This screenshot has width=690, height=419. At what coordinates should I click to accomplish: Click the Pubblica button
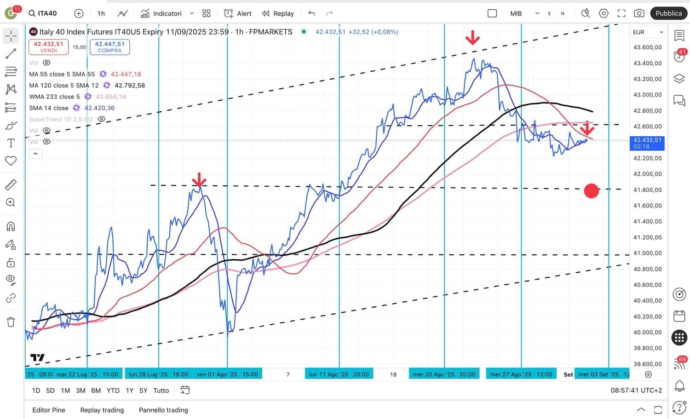coord(668,13)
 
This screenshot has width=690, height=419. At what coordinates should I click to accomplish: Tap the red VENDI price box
coord(48,47)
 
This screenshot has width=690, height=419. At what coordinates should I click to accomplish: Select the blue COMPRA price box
coord(109,47)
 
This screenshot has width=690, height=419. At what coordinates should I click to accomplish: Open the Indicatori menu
coord(167,13)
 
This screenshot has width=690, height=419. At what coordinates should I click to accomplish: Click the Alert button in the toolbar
coord(238,13)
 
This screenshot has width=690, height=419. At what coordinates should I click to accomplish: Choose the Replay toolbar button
coord(278,13)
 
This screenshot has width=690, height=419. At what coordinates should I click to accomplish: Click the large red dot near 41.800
coord(591,190)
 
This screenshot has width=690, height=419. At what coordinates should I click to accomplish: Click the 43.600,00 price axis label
coord(647,47)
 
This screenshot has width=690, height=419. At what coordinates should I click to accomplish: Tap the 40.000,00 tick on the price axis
coord(647,333)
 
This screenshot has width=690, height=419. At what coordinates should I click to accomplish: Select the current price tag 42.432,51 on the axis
coord(647,143)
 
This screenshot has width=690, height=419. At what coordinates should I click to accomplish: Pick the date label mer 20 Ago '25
coord(444,374)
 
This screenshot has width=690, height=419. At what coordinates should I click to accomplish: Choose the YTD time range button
coord(113,390)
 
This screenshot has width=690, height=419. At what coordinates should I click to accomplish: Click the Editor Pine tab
coord(49,410)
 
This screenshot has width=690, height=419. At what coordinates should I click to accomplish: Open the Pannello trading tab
coord(163,410)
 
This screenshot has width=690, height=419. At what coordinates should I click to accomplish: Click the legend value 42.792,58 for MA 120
coord(130,86)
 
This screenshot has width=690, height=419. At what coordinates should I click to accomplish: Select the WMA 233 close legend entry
coord(54,97)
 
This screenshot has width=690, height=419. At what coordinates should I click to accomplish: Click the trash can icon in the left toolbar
coord(11,322)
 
